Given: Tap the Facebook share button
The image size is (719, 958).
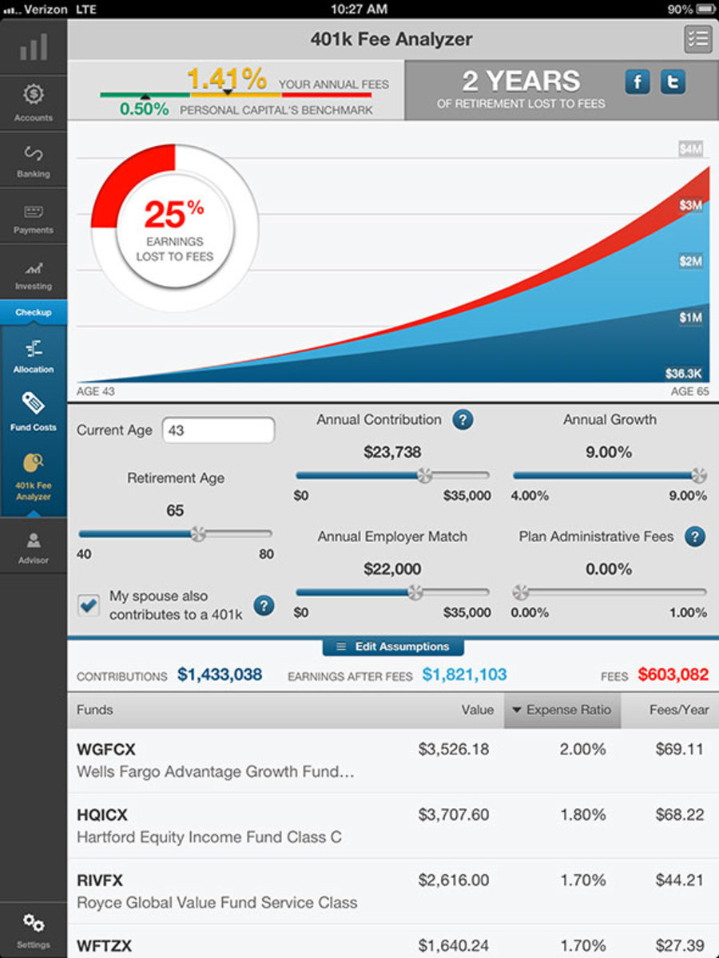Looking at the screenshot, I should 638,82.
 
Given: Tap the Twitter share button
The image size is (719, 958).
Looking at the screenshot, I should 673,82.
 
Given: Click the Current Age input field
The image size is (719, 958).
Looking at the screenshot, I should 218,430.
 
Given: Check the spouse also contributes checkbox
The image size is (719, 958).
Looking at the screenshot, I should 89,605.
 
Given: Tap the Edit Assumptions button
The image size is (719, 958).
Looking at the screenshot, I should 393,647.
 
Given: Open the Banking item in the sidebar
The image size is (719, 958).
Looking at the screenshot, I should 34,160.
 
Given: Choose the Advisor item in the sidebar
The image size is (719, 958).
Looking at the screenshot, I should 34,548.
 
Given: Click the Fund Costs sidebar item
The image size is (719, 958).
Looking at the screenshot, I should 34,410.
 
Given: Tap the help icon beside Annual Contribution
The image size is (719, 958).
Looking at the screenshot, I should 462,420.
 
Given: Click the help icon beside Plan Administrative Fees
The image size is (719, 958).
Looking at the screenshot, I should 695,536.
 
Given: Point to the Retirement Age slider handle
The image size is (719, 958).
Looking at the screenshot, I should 197,533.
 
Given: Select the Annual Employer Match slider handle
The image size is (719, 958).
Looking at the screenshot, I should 415,592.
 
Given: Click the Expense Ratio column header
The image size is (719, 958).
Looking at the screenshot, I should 562,710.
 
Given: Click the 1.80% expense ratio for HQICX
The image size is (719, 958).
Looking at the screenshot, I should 583,815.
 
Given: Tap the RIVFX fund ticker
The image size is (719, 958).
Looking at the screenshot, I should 100,881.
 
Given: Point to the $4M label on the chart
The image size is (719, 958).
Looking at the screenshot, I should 690,149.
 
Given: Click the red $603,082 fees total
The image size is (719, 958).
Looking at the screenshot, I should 673,675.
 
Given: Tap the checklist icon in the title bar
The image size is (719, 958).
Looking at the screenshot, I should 697,39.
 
